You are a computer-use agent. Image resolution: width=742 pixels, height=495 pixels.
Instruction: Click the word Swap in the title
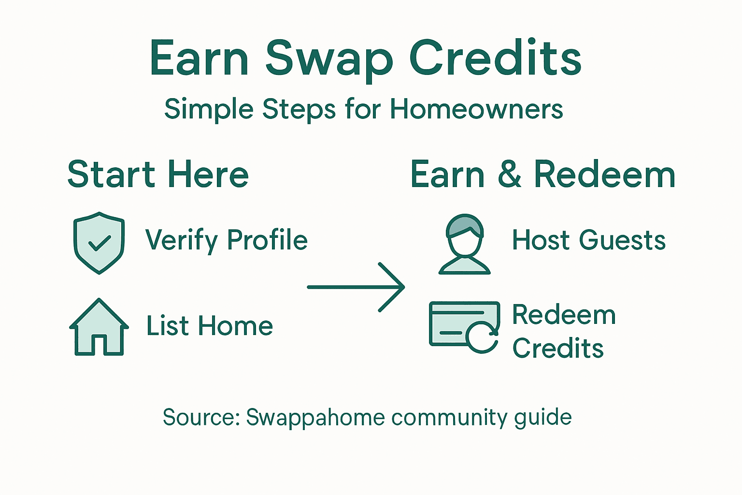pyautogui.click(x=328, y=59)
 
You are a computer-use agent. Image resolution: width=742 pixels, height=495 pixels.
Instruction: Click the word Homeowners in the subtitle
pyautogui.click(x=476, y=109)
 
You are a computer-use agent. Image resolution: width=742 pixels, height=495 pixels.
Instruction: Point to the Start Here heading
pyautogui.click(x=158, y=175)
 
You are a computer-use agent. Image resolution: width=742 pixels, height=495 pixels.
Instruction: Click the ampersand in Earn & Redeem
pyautogui.click(x=510, y=175)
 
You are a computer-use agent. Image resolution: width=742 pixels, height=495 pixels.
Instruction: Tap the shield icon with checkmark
pyautogui.click(x=99, y=243)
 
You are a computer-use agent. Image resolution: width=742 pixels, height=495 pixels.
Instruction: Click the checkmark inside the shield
pyautogui.click(x=100, y=243)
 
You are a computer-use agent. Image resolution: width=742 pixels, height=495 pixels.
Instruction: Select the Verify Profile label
pyautogui.click(x=226, y=240)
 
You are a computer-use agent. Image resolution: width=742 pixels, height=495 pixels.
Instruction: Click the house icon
pyautogui.click(x=99, y=327)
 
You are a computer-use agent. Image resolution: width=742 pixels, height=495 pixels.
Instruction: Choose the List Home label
pyautogui.click(x=210, y=326)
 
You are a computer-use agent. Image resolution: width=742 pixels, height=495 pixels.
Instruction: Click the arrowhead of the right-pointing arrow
pyautogui.click(x=396, y=287)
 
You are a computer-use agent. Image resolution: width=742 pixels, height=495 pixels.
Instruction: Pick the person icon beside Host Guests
pyautogui.click(x=465, y=244)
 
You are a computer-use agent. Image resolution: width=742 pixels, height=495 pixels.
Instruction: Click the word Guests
pyautogui.click(x=622, y=240)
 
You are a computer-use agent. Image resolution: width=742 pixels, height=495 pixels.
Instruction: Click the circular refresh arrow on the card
pyautogui.click(x=482, y=336)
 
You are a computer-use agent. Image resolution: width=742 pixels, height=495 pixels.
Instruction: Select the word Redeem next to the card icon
pyautogui.click(x=564, y=315)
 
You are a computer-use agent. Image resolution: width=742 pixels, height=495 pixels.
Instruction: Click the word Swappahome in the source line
pyautogui.click(x=315, y=417)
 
